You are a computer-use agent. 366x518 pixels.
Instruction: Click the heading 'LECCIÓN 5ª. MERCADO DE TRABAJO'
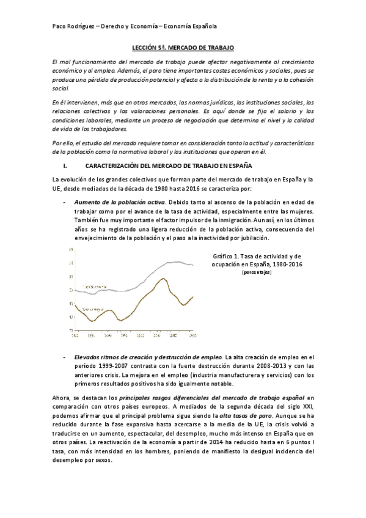click(x=183, y=48)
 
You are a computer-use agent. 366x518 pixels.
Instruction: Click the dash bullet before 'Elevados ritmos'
click(x=65, y=357)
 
